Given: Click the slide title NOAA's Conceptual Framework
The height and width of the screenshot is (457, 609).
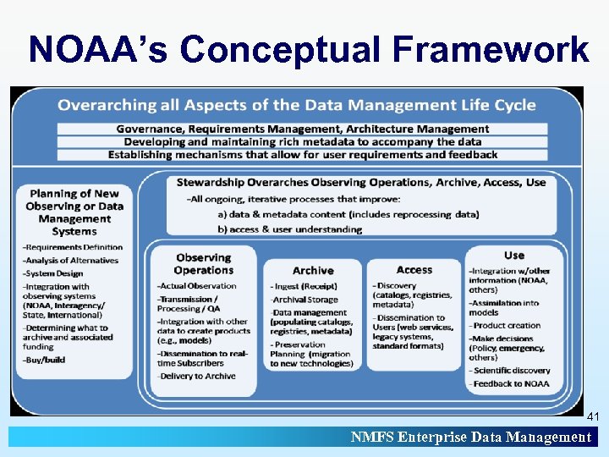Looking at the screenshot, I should click(308, 49).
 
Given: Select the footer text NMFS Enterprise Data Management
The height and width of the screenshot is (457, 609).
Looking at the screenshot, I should click(471, 437).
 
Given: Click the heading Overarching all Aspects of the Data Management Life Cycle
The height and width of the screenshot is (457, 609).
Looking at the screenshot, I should click(296, 105).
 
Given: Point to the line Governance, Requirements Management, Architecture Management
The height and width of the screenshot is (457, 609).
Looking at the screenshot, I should click(303, 129).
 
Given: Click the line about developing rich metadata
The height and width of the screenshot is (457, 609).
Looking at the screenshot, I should click(303, 141).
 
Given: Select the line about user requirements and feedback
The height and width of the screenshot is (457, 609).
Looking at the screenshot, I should click(303, 154).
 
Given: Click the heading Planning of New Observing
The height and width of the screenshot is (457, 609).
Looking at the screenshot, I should click(74, 212).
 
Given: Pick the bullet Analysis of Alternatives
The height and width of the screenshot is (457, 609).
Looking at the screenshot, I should click(71, 260).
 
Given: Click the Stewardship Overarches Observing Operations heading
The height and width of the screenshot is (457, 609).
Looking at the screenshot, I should click(361, 182).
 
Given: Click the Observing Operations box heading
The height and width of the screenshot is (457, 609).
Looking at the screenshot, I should click(203, 263).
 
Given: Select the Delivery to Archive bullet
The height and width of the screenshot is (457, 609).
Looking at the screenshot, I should click(198, 377).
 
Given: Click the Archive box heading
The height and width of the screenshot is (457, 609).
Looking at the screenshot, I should click(313, 270).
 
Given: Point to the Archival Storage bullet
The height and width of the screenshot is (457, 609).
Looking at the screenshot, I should click(305, 300).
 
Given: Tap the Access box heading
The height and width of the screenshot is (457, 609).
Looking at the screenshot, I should click(414, 269).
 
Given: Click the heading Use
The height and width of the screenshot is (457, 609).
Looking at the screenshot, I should click(513, 255).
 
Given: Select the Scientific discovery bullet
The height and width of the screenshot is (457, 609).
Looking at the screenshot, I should click(511, 370).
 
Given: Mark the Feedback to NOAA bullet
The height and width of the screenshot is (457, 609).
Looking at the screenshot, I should click(510, 383).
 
